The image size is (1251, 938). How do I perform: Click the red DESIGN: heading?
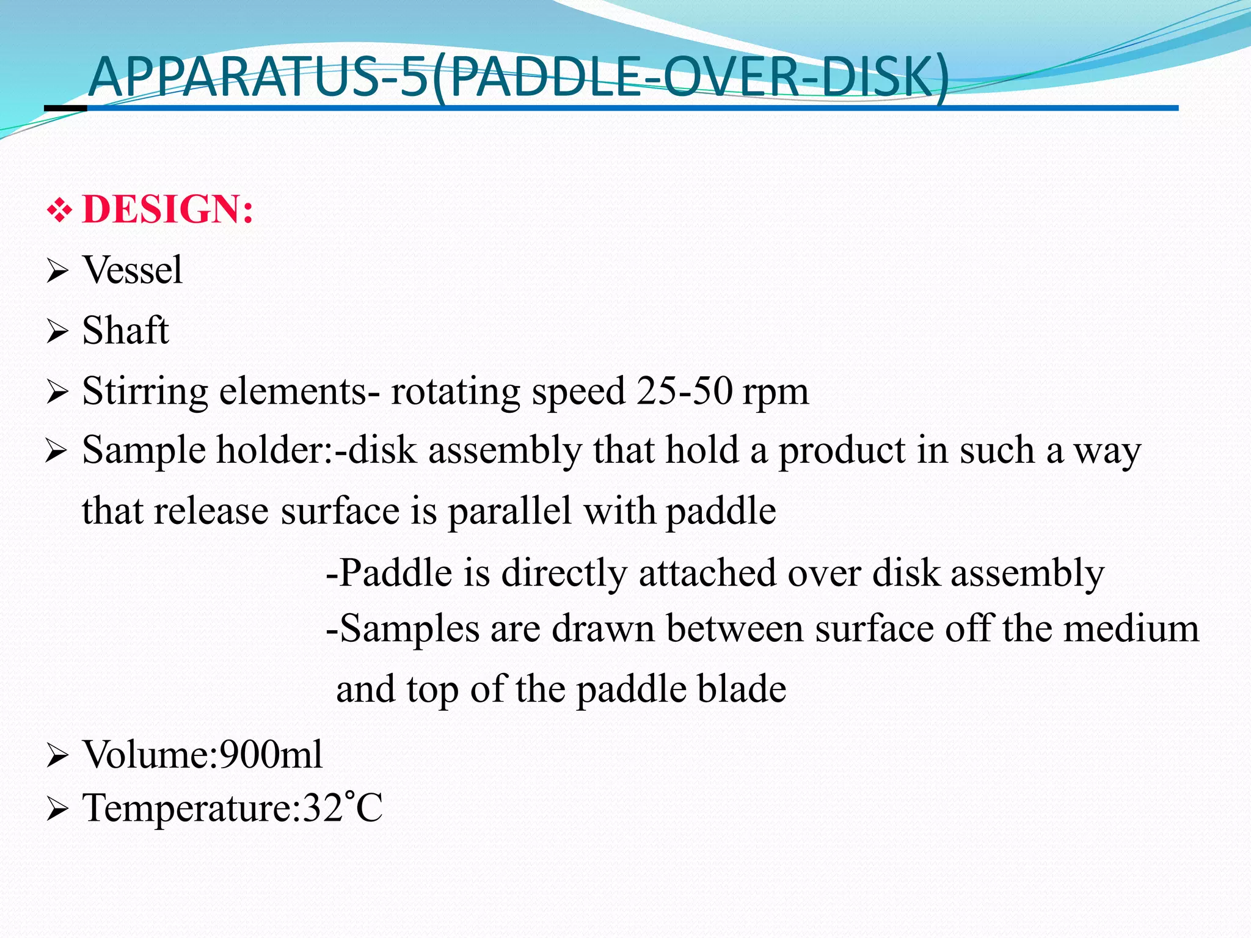pyautogui.click(x=167, y=209)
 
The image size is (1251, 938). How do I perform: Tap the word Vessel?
pyautogui.click(x=132, y=270)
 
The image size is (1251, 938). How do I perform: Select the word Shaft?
pyautogui.click(x=125, y=330)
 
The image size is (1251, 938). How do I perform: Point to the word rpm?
pyautogui.click(x=775, y=392)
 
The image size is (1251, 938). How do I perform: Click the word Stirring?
pyautogui.click(x=145, y=392)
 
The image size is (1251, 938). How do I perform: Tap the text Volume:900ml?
pyautogui.click(x=202, y=754)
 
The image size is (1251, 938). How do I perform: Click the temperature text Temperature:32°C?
pyautogui.click(x=232, y=808)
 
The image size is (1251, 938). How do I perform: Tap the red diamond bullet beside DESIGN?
pyautogui.click(x=59, y=211)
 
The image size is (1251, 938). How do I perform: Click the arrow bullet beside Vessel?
pyautogui.click(x=57, y=271)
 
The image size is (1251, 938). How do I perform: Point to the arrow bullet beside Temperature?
pyautogui.click(x=57, y=810)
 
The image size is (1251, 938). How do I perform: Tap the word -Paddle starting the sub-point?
pyautogui.click(x=388, y=573)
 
